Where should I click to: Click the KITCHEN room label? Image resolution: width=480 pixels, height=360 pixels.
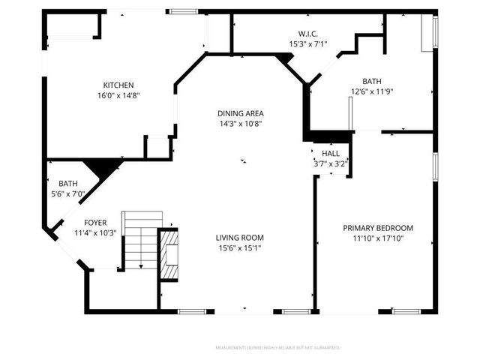pos(118,85)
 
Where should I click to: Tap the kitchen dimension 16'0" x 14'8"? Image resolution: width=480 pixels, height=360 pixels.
pos(118,95)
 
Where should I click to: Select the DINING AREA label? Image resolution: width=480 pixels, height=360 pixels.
pos(241,113)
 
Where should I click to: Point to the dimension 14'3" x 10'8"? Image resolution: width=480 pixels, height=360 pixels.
pos(241,124)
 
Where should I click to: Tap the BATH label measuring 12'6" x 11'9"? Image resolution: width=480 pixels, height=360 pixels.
pos(371,81)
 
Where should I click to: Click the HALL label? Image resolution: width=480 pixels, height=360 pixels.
pos(331,153)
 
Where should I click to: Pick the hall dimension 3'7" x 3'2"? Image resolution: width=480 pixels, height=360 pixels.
pos(331,163)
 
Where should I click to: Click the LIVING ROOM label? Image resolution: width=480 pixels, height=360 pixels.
pos(241,237)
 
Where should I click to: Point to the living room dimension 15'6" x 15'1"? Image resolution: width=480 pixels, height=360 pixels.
pos(241,247)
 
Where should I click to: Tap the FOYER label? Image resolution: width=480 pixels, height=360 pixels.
pos(94,223)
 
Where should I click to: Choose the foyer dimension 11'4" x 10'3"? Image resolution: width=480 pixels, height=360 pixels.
pos(94,233)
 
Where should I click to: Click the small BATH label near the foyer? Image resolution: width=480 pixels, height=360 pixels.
pos(68,183)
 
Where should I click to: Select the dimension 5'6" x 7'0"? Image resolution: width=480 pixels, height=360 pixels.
pos(68,193)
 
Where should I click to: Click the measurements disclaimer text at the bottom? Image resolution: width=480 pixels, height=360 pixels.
pos(277,348)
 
